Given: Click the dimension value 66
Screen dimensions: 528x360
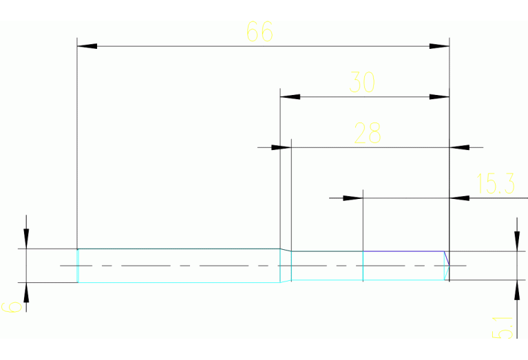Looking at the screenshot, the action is [260, 32].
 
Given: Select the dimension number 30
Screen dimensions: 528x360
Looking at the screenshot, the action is [362, 83].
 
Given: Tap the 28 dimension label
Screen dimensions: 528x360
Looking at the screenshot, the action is [367, 132].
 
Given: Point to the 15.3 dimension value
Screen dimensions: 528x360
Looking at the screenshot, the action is [496, 184].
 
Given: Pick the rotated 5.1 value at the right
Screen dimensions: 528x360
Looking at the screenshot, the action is [504, 327].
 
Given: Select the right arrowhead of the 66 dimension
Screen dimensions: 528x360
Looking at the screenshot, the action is [439, 46].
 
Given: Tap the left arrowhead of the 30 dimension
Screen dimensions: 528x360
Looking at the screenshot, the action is [290, 97].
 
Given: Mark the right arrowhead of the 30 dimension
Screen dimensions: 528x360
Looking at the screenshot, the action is [439, 97].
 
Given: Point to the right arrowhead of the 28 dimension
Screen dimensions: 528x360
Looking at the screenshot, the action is [459, 147].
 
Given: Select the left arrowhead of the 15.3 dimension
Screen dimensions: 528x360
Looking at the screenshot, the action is [352, 198].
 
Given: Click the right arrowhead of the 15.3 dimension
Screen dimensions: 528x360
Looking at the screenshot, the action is [459, 198].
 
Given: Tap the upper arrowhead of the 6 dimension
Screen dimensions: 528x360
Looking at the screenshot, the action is [26, 238].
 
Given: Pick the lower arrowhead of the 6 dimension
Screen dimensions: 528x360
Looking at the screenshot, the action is [26, 293].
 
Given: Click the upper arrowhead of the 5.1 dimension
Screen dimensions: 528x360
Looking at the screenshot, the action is [516, 242].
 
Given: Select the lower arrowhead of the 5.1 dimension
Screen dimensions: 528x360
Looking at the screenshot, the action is [516, 290].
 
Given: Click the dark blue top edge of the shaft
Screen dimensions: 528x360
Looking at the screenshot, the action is [403, 251].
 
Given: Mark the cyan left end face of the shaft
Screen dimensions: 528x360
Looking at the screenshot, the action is [78, 265].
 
